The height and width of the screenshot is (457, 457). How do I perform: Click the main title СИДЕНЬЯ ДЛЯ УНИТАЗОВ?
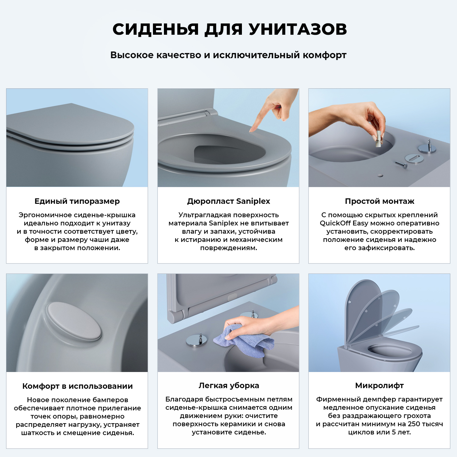(229, 30)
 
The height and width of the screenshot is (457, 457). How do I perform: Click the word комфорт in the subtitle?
(324, 55)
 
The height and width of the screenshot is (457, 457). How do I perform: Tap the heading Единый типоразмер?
(77, 201)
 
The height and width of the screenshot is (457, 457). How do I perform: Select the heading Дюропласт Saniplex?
(228, 201)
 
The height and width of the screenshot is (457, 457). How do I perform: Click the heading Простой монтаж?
(379, 201)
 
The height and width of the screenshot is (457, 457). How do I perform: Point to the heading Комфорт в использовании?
(77, 386)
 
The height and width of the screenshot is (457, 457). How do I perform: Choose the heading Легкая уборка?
(228, 386)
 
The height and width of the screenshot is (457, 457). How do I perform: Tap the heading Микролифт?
(379, 386)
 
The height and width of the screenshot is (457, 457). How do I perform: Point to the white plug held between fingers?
(378, 139)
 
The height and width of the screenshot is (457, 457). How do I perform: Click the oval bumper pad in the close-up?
(74, 321)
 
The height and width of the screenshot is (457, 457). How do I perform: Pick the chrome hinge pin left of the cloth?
(197, 340)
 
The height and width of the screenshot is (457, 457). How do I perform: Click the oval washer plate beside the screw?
(414, 158)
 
